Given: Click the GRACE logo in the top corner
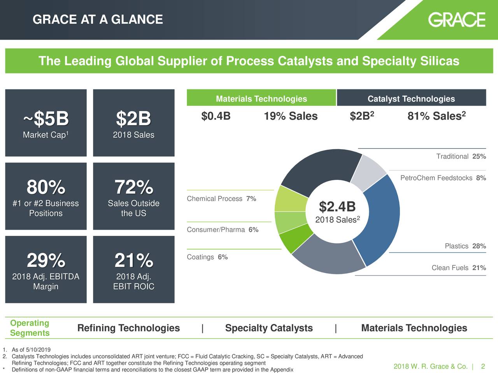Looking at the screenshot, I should coord(457,19).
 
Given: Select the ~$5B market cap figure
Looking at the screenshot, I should coord(46,119).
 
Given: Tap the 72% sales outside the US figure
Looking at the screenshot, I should coord(133,188).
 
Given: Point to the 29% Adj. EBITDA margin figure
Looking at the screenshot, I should coord(46,260).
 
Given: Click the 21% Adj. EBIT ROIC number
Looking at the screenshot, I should coord(133,260).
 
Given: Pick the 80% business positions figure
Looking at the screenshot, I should coord(46,188).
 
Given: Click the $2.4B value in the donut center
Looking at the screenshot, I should coord(337,206).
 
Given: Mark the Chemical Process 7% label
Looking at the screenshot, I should coord(221,199).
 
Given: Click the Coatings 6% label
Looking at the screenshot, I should coord(207,257).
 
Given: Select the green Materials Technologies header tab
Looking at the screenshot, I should coord(261,99).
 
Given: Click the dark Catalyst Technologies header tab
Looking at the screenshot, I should coord(411,99).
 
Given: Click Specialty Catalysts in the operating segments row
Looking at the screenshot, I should coord(269,328).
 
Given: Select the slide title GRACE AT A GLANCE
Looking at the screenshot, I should coord(98,19).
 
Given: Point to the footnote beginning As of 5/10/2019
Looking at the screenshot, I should coord(31,350).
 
